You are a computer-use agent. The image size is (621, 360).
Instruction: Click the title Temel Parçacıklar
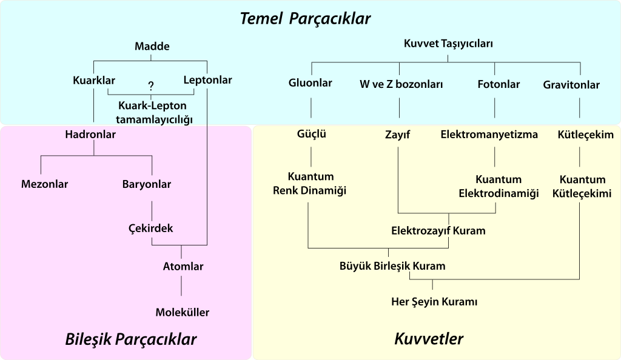305,18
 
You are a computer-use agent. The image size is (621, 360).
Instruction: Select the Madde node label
152,47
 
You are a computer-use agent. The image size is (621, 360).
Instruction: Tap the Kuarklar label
94,80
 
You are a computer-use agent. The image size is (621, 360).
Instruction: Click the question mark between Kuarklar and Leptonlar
150,86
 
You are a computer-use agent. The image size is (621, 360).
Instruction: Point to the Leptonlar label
207,80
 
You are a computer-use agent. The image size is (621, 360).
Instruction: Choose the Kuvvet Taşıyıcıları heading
448,44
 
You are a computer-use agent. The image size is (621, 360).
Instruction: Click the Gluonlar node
310,83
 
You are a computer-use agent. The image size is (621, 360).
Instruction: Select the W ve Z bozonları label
401,84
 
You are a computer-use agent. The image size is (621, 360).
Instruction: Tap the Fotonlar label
498,84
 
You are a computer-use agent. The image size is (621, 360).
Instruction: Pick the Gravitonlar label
571,85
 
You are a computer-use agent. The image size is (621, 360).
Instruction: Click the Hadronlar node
90,135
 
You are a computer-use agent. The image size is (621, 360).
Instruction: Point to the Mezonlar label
44,184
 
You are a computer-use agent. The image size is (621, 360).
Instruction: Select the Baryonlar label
147,184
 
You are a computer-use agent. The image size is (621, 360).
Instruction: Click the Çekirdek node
151,228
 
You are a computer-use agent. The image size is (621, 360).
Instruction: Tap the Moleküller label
183,313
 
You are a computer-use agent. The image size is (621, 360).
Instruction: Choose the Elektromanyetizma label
489,135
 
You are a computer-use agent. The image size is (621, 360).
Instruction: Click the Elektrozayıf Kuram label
438,231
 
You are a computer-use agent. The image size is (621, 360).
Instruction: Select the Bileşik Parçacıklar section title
131,339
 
